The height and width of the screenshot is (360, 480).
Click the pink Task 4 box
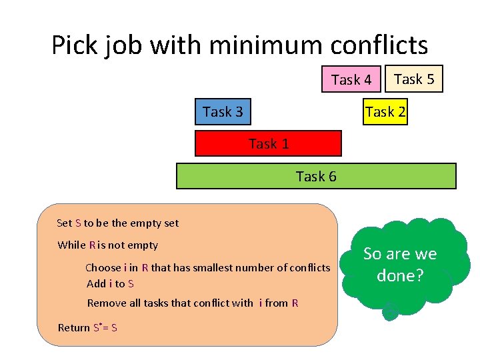point(351,79)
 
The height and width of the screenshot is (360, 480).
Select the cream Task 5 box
point(414,79)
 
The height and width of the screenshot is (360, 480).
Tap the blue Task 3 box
point(223,111)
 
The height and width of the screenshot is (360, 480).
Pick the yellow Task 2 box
point(385,111)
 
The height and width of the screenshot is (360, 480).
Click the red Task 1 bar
point(268,143)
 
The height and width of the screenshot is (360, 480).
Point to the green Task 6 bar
point(316,176)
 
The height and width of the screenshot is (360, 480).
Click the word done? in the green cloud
point(400,275)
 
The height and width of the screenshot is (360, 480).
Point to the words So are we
point(400,254)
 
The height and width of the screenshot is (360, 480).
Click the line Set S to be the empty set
point(118,223)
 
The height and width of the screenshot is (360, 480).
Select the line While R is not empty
point(108,245)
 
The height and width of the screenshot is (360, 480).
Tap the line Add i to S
point(111,283)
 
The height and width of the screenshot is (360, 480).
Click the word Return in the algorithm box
point(74,327)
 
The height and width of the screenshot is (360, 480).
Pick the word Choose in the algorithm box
point(103,267)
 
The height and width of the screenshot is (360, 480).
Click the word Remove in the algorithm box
point(106,303)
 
